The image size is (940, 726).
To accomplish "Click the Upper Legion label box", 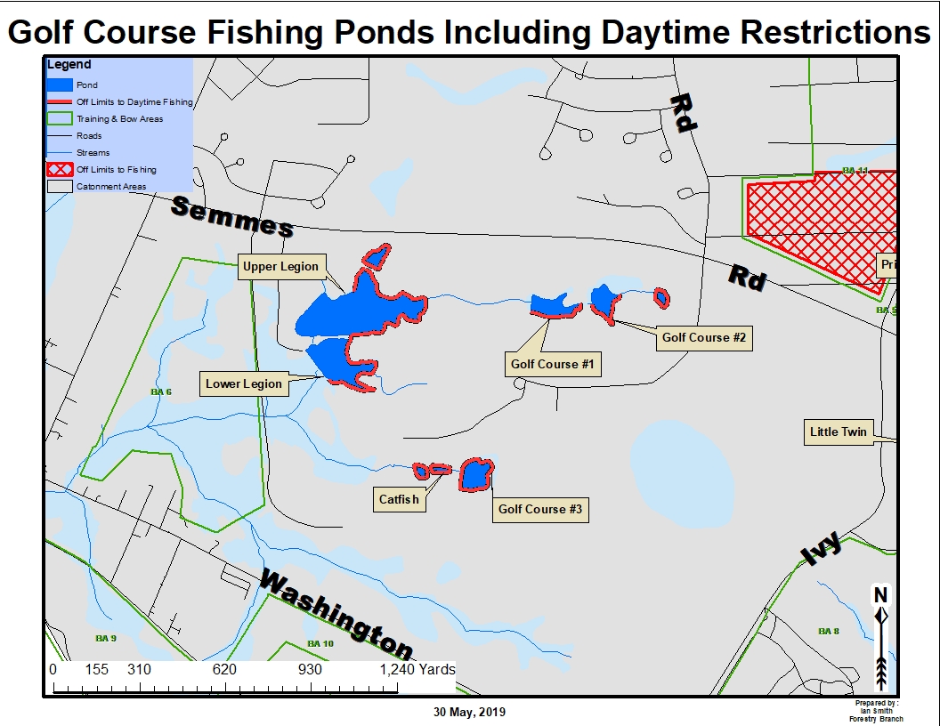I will tap(280, 267).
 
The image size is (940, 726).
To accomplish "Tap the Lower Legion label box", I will tap(244, 384).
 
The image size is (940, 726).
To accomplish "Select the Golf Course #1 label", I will tap(552, 364).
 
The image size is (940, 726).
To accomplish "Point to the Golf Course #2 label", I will tap(703, 338).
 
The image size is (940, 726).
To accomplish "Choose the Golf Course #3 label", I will tap(539, 509).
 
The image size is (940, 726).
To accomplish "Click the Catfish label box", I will tap(399, 499).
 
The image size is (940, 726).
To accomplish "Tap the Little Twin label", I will tap(838, 432).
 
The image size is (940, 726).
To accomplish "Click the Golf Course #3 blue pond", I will tap(475, 476).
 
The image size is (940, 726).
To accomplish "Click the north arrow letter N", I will tap(880, 594).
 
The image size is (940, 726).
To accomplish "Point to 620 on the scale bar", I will tap(224, 669).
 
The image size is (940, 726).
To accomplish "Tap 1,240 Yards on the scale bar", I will tap(418, 669).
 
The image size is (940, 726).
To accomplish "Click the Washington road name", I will tap(336, 614).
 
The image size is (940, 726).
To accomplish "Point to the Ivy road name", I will tap(821, 548).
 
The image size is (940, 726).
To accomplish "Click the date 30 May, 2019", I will tap(469, 712).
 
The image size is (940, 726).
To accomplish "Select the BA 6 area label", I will tap(160, 391).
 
